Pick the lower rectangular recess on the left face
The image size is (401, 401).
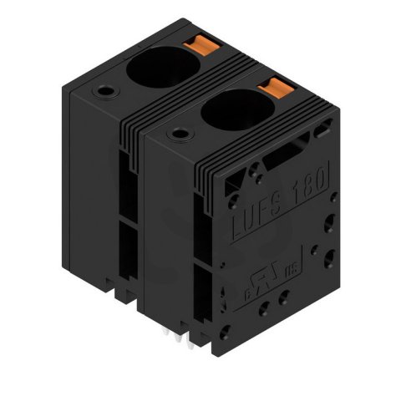125,251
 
